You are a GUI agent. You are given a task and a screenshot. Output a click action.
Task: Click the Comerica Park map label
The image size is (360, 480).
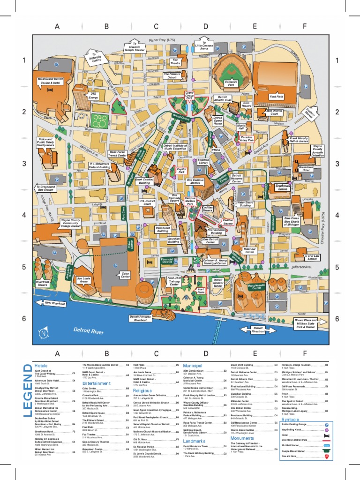click(231, 83)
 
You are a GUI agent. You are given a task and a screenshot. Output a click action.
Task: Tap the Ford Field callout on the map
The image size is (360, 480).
click(276, 97)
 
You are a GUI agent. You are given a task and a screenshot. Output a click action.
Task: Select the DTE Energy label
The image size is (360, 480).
click(93, 96)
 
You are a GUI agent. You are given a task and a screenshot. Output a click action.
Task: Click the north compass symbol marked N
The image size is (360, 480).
click(44, 333)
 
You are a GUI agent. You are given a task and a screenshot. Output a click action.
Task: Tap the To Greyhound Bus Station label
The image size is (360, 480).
click(46, 188)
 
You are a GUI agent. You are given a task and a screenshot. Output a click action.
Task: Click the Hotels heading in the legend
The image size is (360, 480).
click(41, 366)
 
